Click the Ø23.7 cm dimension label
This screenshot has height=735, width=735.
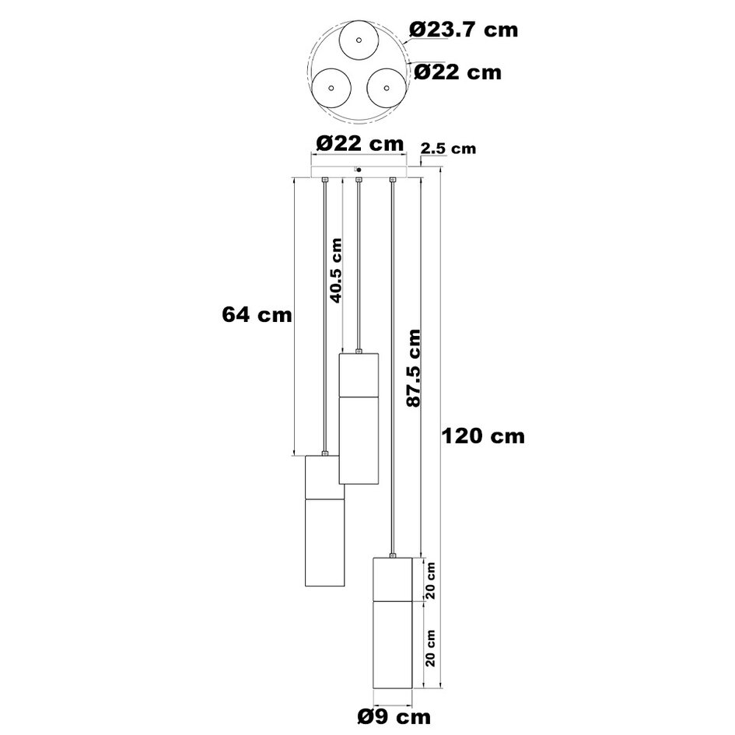point(464,30)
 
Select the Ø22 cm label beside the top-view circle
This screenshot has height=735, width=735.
point(457,72)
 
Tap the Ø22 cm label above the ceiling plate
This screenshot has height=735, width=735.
point(359,143)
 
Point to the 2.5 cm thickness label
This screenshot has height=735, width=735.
point(448,149)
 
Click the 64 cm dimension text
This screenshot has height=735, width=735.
point(257,314)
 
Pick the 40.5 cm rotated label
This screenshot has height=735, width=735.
point(336,271)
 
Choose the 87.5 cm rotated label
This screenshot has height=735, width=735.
point(414,368)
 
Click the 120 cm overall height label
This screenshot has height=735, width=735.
point(483,436)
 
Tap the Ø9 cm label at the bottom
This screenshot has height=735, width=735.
point(394,716)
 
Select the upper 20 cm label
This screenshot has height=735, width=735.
point(431,580)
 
